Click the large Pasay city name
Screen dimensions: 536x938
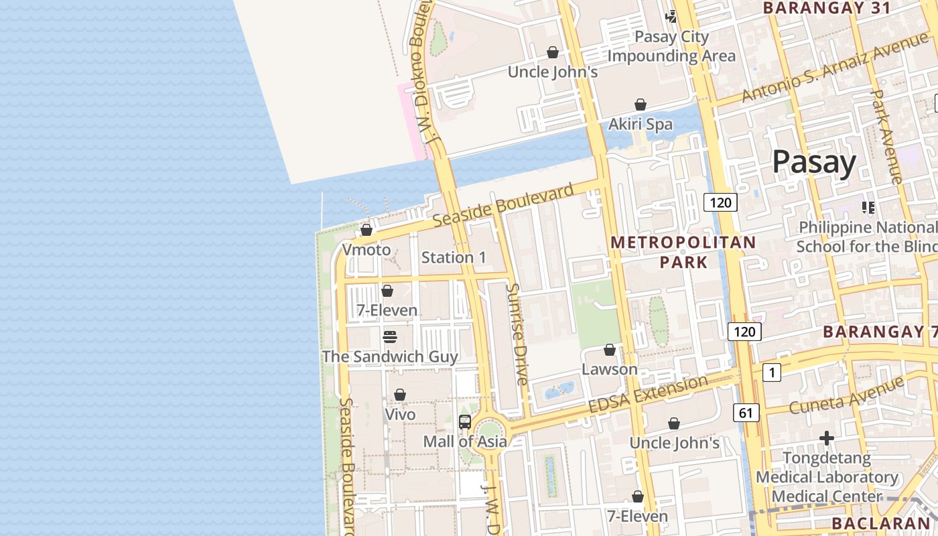(814, 162)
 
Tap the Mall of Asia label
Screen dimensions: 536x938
(464, 442)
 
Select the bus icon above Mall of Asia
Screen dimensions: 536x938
(465, 422)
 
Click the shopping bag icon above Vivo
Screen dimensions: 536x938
(400, 395)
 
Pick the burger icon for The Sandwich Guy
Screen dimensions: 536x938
(390, 336)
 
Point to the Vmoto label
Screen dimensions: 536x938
(366, 250)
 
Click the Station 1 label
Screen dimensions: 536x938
(454, 257)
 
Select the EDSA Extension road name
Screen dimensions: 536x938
(647, 395)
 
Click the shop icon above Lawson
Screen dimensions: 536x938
(610, 350)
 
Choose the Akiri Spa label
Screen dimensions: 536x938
(640, 124)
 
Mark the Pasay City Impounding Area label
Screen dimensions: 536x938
(671, 46)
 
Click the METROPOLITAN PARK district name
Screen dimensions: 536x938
(683, 252)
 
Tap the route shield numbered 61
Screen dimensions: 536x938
(746, 413)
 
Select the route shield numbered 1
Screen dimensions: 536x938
(771, 373)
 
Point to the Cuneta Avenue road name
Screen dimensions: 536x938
(846, 396)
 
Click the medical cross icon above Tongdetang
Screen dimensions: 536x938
(827, 438)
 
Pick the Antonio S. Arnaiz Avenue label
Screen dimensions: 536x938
(825, 70)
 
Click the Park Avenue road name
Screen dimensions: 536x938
(887, 137)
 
